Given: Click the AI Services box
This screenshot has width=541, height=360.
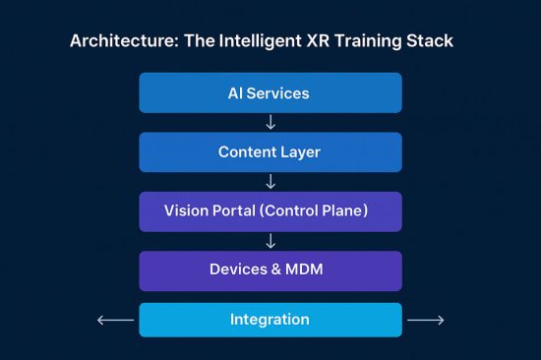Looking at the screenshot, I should (270, 93).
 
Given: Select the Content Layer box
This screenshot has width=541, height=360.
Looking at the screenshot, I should (270, 152).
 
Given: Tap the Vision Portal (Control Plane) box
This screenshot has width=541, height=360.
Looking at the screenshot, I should (270, 211).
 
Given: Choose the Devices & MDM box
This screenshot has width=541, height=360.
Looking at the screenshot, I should (270, 270).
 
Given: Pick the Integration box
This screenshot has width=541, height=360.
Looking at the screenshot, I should (270, 320).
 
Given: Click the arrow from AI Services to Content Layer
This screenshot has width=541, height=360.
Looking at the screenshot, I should (270, 123).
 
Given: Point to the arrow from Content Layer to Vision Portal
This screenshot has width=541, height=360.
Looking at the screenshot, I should (270, 182).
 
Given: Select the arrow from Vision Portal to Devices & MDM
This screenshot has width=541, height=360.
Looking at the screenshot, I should (270, 241).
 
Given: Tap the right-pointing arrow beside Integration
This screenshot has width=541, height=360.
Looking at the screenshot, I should (426, 320).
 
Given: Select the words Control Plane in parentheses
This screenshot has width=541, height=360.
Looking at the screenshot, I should (327, 211).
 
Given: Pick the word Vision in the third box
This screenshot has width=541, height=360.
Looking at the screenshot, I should (187, 211).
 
